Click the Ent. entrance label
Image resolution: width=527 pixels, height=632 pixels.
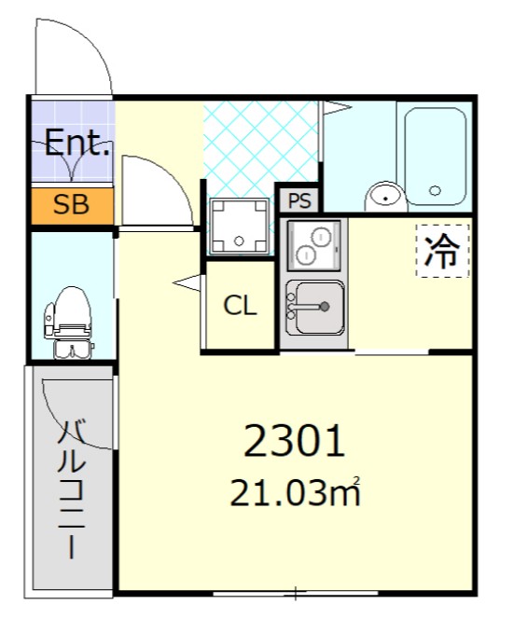[x=77, y=144]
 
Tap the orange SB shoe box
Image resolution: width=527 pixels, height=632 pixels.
[x=71, y=205]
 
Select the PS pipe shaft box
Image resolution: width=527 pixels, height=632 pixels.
[x=299, y=199]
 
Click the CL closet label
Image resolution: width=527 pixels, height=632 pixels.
[x=240, y=306]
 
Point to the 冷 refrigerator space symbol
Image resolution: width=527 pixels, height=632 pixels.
[x=441, y=250]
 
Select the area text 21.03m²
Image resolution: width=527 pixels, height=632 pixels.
[x=295, y=492]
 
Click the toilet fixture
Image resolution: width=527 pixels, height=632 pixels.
[x=70, y=323]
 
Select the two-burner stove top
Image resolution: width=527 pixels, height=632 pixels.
[x=313, y=245]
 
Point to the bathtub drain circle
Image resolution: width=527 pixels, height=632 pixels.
[x=436, y=191]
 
